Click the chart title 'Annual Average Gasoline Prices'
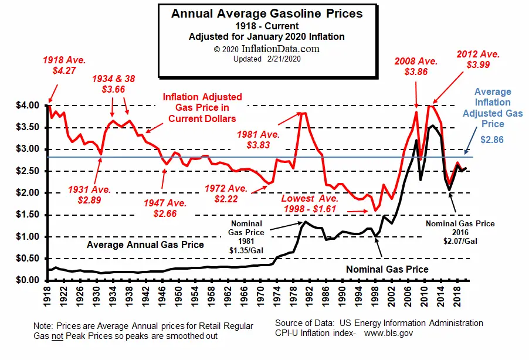coord(267,13)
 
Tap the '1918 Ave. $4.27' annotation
coord(65,66)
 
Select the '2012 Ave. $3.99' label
coord(478,59)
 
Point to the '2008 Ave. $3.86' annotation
coord(416,66)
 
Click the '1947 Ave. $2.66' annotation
coord(165,209)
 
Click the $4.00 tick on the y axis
coord(27,106)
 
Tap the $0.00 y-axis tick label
coord(27,280)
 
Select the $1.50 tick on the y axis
coord(27,215)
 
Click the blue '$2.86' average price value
coord(492,141)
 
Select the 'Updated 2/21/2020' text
coord(266,59)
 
